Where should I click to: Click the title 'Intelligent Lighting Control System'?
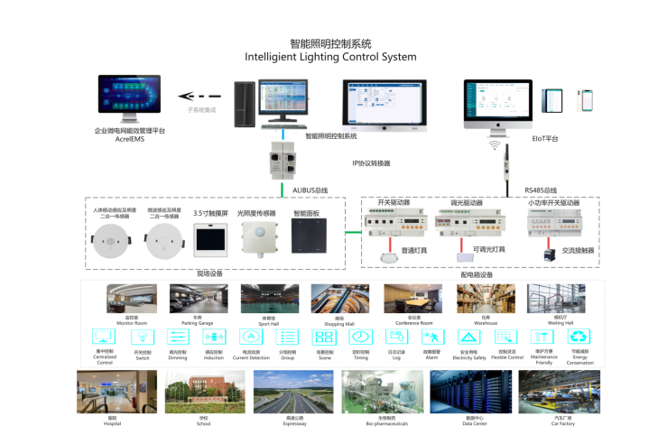[330, 57]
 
